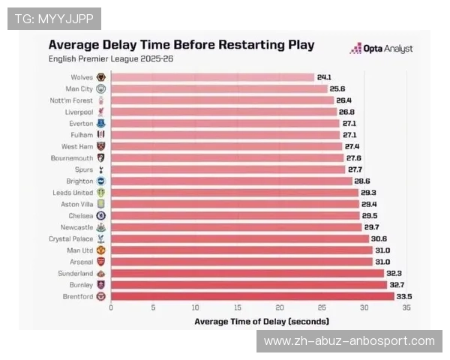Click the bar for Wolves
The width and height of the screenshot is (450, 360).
[212, 77]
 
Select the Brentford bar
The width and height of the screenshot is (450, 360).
[252, 296]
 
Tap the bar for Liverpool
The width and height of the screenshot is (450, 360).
[223, 112]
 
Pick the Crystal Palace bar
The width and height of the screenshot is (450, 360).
[240, 238]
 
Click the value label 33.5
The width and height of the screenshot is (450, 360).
[404, 296]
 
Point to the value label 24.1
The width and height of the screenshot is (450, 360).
[324, 77]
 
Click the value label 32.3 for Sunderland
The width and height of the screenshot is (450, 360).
[394, 274]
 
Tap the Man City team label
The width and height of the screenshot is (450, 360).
[79, 88]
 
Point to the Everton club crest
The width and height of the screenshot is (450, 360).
[101, 123]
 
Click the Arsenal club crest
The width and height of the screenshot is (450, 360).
[101, 262]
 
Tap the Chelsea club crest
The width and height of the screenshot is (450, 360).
[101, 215]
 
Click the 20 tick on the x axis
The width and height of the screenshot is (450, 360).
[280, 307]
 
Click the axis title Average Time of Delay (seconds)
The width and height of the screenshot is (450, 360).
[261, 321]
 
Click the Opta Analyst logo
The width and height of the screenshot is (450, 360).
[382, 49]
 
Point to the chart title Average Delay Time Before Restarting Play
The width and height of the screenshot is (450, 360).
[181, 44]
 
